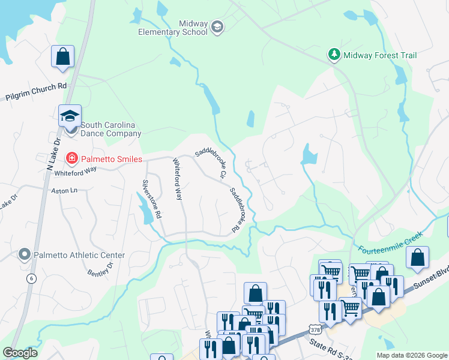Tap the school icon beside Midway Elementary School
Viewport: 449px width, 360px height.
pos(217,27)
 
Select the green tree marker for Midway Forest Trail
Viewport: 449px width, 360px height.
pos(334,55)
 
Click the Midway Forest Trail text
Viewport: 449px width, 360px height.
pos(379,55)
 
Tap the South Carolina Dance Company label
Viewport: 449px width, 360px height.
pos(103,129)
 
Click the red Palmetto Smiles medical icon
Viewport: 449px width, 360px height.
pos(71,158)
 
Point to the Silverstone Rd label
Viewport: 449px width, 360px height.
pos(151,197)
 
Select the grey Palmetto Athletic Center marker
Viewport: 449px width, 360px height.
pos(25,255)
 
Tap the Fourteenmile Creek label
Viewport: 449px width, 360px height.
pos(391,242)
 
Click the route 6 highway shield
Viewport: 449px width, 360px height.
pos(32,279)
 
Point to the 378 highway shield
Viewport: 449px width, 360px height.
pos(315,329)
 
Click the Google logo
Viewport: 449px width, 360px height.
pos(20,353)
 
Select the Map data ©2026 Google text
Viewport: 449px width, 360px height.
pos(411,355)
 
